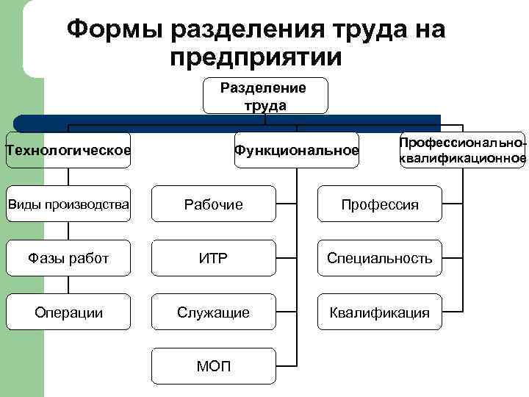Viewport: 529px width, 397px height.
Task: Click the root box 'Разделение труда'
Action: point(265,96)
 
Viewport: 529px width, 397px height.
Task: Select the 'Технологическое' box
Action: point(68,151)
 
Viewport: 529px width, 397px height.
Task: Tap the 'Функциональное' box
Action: point(296,151)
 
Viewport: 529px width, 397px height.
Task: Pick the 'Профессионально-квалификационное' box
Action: point(462,151)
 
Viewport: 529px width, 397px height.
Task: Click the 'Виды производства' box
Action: point(68,203)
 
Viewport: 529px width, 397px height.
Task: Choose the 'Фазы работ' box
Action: point(68,258)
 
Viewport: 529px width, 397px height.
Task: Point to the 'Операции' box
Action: point(68,312)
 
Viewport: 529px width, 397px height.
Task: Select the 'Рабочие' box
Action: point(213,204)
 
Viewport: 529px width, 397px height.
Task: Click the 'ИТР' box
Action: point(213,258)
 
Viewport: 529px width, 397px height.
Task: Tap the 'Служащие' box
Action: point(213,312)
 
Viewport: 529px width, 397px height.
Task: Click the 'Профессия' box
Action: point(379,204)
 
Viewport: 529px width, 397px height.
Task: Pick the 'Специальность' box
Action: point(379,258)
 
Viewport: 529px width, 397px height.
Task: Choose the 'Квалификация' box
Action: point(379,312)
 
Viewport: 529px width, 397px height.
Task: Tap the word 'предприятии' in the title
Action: point(255,57)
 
